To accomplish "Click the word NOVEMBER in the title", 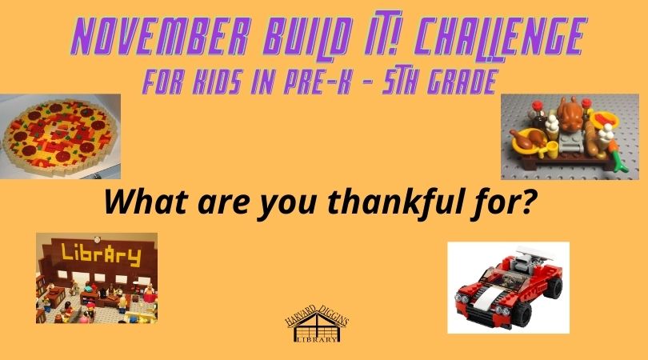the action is [160, 37].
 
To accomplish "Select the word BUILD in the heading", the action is [308, 37].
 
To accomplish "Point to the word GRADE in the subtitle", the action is [462, 82].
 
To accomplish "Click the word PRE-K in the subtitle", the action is [318, 82].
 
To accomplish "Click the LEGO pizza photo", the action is [60, 136].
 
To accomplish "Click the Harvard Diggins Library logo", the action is [317, 323].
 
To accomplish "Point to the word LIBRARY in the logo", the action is [318, 340].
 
